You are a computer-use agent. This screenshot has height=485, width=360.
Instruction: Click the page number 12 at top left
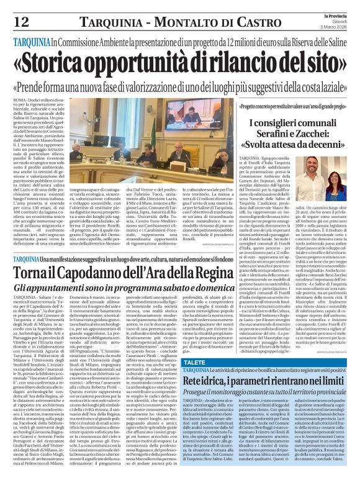click(x=20, y=22)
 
